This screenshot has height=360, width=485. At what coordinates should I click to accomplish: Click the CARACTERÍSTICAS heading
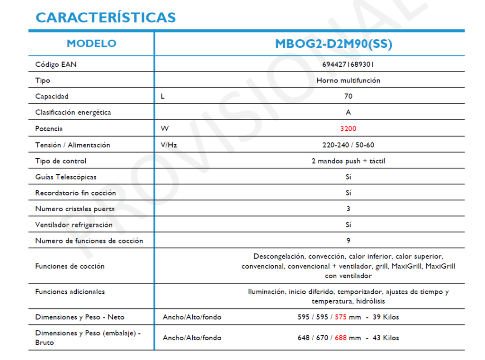tap(106, 18)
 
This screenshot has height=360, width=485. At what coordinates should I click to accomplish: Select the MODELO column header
tap(91, 44)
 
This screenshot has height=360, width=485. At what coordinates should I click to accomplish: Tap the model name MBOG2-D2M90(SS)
tap(333, 44)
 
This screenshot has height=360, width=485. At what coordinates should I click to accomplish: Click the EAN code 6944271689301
tap(348, 64)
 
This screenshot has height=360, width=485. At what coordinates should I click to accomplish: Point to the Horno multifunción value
tap(348, 81)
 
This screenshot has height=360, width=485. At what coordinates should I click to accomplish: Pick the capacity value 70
tap(348, 97)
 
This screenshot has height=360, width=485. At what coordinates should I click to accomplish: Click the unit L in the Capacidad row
tap(163, 97)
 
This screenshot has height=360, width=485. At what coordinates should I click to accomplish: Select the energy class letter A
tap(348, 113)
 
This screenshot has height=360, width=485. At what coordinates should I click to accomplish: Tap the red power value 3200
tap(348, 129)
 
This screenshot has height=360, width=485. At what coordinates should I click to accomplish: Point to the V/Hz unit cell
tap(169, 145)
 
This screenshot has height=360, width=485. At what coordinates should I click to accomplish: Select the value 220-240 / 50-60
tap(348, 145)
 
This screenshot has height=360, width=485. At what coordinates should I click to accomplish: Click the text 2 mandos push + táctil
tap(348, 161)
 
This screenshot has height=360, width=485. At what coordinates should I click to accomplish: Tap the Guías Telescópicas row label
tap(66, 177)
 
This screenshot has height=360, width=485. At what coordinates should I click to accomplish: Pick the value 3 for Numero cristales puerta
tap(348, 209)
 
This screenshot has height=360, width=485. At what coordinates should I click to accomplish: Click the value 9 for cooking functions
tap(348, 241)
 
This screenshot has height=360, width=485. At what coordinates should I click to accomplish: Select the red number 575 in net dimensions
tap(341, 317)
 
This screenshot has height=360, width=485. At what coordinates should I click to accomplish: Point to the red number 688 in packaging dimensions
tap(341, 338)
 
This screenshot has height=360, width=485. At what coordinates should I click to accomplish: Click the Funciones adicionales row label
tap(70, 292)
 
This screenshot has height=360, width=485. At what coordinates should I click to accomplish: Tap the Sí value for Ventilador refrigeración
tap(348, 225)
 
